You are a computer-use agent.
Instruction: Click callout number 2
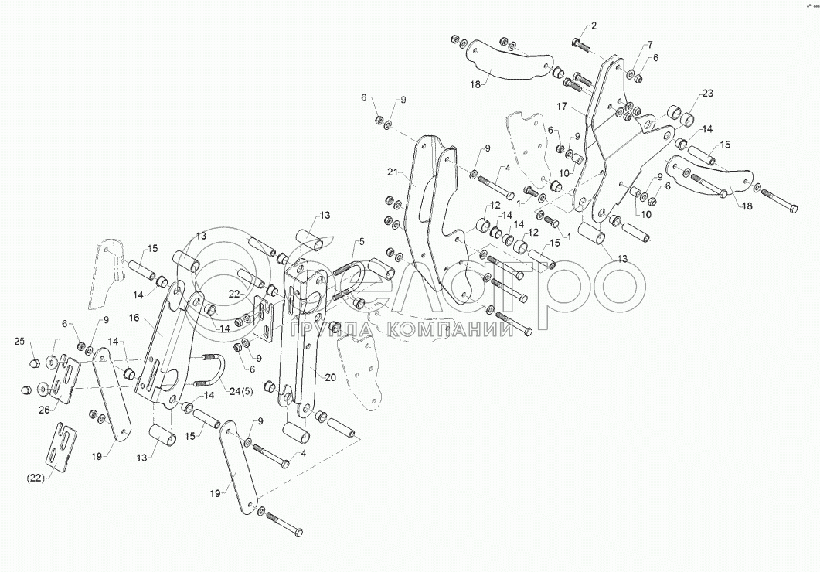coord(593,26)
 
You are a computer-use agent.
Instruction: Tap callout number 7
coord(649,44)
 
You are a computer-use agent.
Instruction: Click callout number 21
coord(392,172)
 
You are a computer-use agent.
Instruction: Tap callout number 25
coord(19,341)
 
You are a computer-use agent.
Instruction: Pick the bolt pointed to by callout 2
coord(580,46)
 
